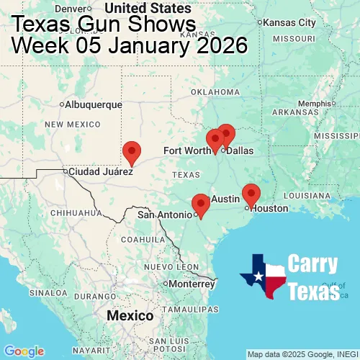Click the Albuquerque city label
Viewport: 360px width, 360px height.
94,104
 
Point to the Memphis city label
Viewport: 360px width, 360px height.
317,103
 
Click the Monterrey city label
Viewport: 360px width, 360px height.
193,284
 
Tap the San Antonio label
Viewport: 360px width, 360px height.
165,215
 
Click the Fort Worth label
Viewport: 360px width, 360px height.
186,150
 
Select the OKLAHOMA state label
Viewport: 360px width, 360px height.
215,92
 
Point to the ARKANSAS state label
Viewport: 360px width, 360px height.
301,112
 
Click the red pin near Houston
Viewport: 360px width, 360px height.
251,194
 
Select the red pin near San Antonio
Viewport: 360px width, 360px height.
201,205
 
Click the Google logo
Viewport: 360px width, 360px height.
23,351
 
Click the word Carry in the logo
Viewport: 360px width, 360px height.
313,264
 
